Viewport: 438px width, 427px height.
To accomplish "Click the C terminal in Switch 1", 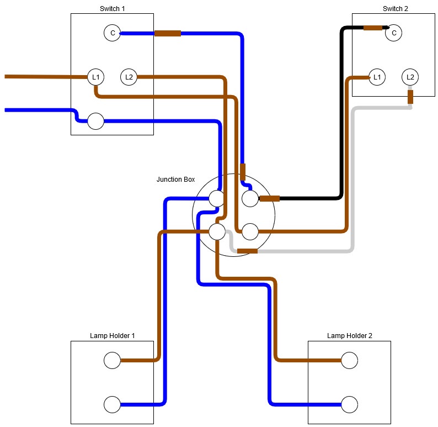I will (113, 33).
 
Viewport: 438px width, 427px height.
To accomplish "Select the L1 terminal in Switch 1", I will (96, 77).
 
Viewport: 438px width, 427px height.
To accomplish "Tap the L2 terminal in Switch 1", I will (129, 77).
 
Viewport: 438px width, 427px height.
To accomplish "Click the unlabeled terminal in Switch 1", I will (96, 121).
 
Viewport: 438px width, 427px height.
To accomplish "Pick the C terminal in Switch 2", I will (393, 33).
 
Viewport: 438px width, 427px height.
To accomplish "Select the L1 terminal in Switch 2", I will (377, 77).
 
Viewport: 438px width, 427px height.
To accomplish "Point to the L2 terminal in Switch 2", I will (410, 77).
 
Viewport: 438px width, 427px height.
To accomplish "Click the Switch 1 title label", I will (112, 8).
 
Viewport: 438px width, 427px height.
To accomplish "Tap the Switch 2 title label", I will (394, 8).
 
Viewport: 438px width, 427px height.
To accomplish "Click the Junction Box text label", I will (175, 180).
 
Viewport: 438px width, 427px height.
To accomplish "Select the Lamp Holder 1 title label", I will (112, 335).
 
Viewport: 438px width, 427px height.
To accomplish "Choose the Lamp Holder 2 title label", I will (349, 335).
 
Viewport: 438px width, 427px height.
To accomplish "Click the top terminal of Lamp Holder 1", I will (112, 361).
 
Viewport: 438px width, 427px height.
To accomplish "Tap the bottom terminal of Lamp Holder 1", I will (112, 404).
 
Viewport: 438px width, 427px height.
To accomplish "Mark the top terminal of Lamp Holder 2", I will (349, 361).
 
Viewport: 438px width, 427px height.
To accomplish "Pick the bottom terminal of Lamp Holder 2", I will (349, 404).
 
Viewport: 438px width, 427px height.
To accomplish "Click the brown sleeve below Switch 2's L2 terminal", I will (410, 97).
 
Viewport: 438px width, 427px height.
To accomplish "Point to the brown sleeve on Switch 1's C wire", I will (168, 33).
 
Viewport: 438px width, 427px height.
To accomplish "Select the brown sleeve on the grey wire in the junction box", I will (247, 251).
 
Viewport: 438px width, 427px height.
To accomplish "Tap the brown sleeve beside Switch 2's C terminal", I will (373, 28).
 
